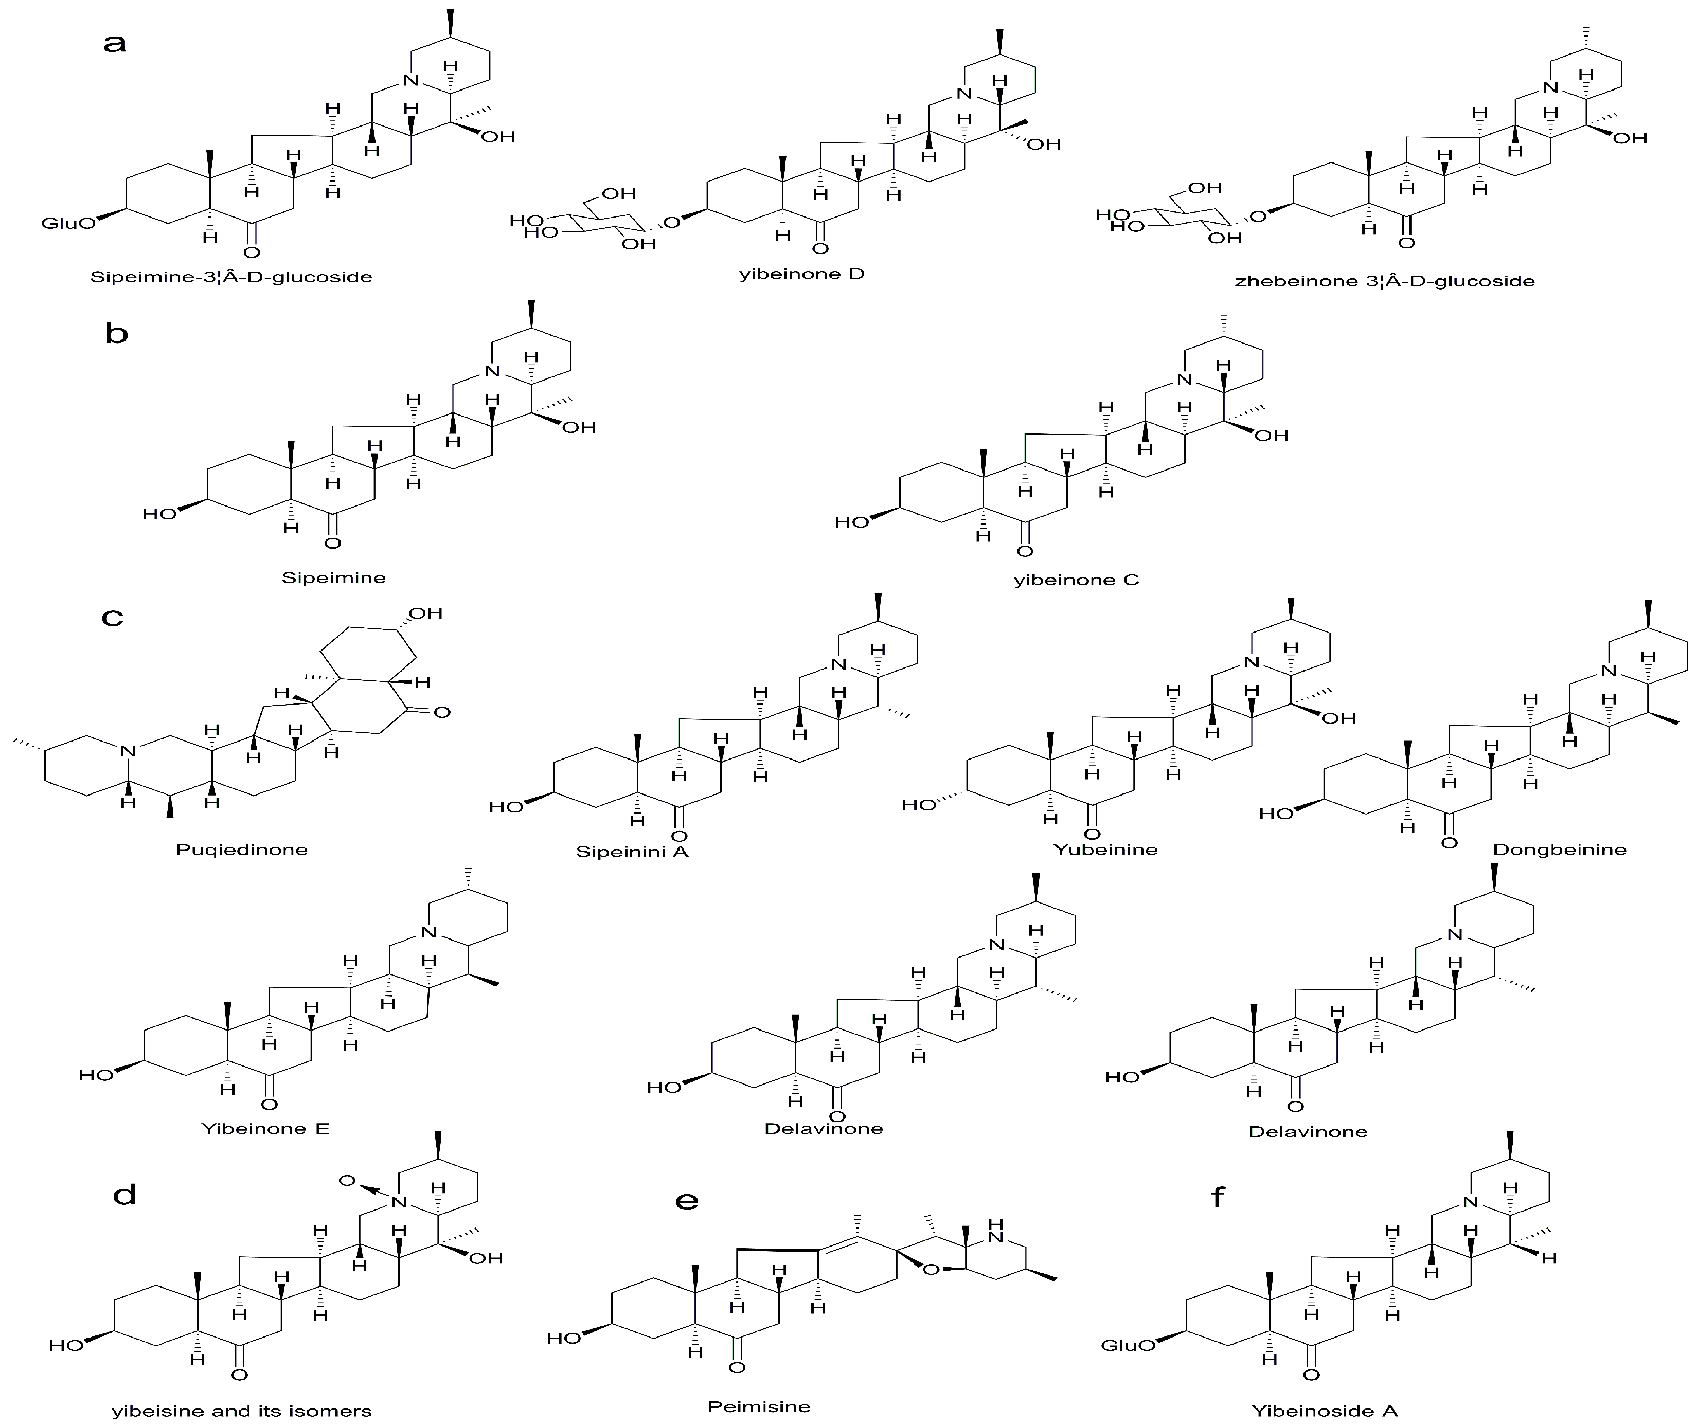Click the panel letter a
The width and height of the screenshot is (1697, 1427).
click(115, 43)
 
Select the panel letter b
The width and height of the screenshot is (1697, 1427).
click(117, 333)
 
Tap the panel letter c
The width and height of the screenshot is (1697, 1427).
click(113, 618)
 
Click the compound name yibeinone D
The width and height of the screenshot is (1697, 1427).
click(801, 274)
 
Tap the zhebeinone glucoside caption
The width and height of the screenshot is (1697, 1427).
click(1385, 281)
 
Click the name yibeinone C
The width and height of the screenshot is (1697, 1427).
click(1076, 579)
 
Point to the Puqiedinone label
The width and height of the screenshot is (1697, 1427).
click(242, 850)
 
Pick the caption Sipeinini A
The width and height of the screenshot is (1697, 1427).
click(632, 851)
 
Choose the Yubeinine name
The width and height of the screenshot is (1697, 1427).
click(1105, 850)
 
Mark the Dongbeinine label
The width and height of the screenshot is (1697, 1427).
click(1560, 850)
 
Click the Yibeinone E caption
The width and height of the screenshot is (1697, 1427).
click(265, 1129)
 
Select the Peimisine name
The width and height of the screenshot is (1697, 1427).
click(759, 1407)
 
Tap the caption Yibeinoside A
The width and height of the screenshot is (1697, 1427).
click(1325, 1412)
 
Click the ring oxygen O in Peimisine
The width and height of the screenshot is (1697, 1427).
click(932, 1269)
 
